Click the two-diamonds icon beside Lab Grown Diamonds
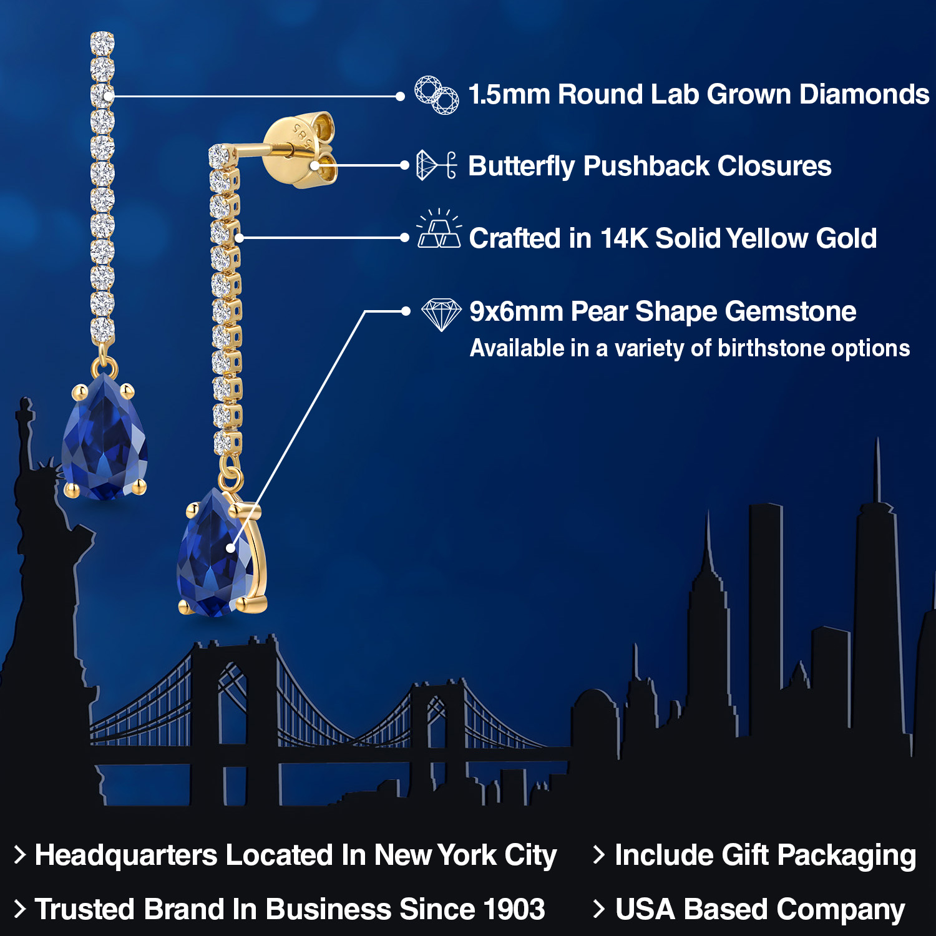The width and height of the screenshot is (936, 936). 437,95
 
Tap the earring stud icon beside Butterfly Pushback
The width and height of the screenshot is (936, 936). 436,165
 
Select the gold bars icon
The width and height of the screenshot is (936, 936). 439,230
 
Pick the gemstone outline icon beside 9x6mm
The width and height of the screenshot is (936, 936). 441,314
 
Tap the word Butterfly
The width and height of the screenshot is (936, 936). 521,167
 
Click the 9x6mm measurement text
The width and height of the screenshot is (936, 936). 515,311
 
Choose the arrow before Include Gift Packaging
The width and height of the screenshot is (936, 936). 598,855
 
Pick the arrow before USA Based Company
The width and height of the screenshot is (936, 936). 598,909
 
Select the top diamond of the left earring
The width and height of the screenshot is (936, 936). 102,42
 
